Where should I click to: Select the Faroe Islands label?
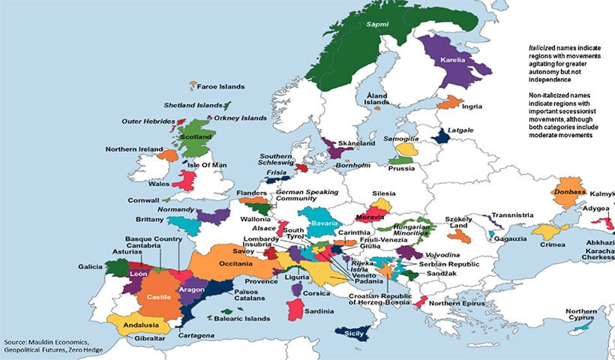[220, 87]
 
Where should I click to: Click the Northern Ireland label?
[133, 149]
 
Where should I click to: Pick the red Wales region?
[184, 181]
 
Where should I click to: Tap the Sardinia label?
[319, 310]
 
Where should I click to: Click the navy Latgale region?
[442, 136]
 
